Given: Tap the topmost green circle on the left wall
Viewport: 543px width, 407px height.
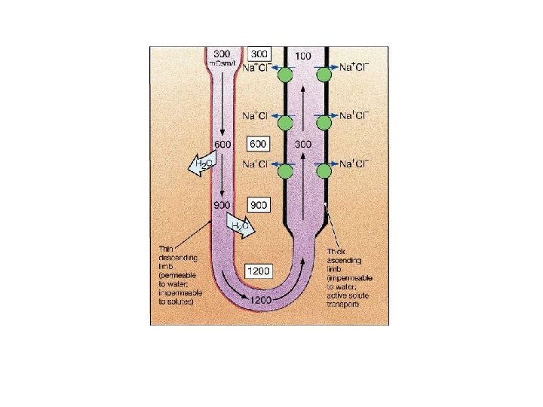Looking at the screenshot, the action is pos(285,74).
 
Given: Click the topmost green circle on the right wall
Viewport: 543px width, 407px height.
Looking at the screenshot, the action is pos(325,74).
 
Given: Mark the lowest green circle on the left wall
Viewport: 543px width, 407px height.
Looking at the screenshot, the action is pos(285,171).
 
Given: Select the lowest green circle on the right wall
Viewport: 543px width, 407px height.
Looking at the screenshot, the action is pos(325,171).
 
